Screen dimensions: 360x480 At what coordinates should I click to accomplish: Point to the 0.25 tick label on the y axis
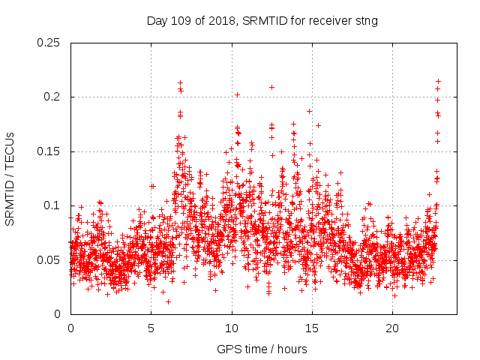[x=49, y=43]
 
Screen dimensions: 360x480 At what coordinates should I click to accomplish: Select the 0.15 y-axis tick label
[x=49, y=151]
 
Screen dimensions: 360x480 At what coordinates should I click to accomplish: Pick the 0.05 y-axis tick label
[x=49, y=260]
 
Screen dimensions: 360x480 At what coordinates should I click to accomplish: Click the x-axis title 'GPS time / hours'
[x=263, y=349]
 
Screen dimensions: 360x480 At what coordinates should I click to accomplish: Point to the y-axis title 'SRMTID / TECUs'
[x=10, y=178]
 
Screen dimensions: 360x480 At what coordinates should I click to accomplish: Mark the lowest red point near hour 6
[x=168, y=301]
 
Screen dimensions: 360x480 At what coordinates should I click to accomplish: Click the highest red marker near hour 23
[x=438, y=81]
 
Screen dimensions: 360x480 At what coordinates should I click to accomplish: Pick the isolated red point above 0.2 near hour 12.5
[x=271, y=87]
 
